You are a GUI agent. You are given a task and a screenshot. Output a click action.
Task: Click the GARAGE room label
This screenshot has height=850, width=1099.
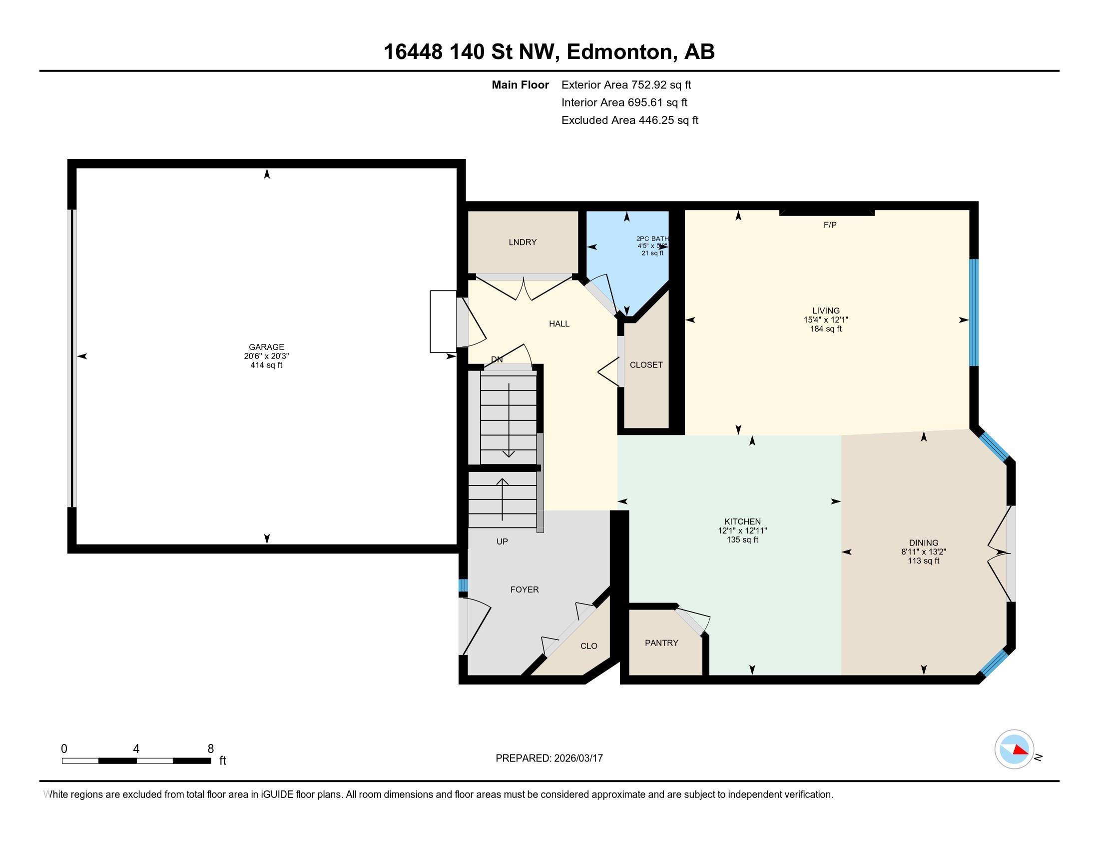(x=266, y=347)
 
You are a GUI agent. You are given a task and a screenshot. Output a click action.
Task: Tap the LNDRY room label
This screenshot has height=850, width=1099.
(x=523, y=242)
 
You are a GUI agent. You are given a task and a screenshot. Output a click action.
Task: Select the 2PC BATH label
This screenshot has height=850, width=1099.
(x=651, y=238)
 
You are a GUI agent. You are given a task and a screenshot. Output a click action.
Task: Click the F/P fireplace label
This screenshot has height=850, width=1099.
(x=830, y=225)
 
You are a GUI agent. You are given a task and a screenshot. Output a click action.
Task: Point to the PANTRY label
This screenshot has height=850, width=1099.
(x=661, y=643)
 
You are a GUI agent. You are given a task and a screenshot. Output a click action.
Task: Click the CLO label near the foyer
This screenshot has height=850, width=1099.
(x=588, y=646)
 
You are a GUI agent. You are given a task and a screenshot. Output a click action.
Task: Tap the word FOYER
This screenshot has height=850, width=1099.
(x=525, y=589)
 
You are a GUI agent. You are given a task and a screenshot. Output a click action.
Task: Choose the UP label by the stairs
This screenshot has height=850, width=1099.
(x=502, y=542)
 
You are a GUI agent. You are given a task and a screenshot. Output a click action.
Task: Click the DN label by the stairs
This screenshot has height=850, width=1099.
(x=497, y=359)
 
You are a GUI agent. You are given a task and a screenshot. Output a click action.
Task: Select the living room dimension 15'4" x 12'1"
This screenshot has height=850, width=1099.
(x=826, y=320)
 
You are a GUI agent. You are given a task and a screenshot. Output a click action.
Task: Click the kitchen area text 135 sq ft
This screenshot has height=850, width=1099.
(x=742, y=540)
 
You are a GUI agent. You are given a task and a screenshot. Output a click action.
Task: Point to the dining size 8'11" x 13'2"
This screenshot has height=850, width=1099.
(x=923, y=552)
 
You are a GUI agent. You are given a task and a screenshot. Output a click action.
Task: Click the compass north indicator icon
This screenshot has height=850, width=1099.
(x=1014, y=749)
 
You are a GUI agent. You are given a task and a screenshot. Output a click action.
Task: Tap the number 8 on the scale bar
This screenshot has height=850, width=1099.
(x=210, y=749)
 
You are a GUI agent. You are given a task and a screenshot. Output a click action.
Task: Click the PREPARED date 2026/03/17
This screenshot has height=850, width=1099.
(x=577, y=758)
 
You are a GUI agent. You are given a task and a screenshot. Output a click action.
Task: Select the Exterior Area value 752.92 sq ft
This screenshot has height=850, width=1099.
(x=661, y=85)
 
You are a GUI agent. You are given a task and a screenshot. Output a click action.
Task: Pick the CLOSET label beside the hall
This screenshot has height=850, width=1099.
(x=646, y=365)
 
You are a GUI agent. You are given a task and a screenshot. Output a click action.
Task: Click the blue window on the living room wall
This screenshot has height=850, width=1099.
(x=974, y=312)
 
